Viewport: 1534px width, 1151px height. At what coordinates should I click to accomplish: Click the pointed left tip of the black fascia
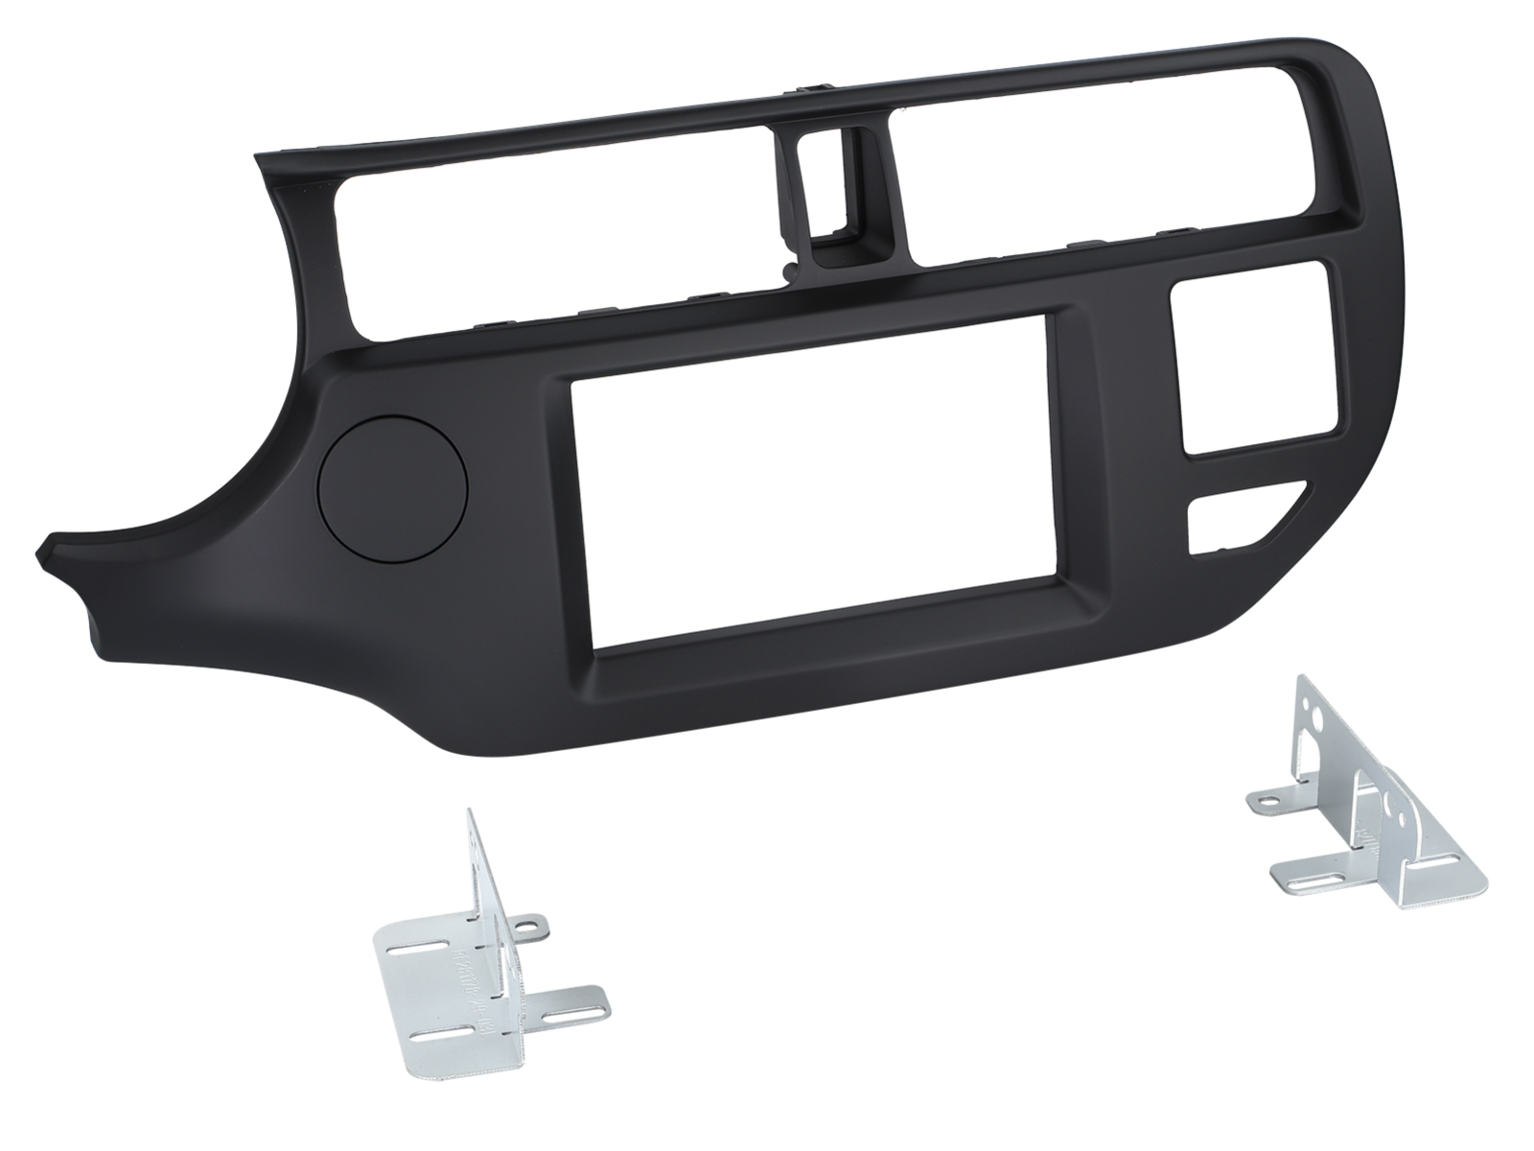pyautogui.click(x=43, y=555)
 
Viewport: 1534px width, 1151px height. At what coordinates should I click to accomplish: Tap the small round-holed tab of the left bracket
pyautogui.click(x=525, y=926)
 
